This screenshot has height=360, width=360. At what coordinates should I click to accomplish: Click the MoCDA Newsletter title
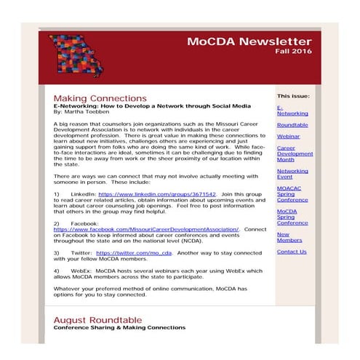pyautogui.click(x=249, y=41)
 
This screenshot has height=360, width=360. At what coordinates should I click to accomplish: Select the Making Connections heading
pyautogui.click(x=100, y=97)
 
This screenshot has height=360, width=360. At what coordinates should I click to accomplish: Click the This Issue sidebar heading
pyautogui.click(x=293, y=95)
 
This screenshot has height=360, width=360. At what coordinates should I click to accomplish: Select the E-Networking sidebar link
pyautogui.click(x=292, y=110)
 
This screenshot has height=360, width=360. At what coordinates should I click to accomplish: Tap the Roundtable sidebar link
pyautogui.click(x=292, y=124)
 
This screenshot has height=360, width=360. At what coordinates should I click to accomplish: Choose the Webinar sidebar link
pyautogui.click(x=288, y=135)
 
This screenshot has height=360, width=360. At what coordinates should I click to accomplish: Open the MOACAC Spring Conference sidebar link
pyautogui.click(x=292, y=193)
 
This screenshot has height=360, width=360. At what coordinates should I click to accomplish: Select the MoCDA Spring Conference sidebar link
pyautogui.click(x=292, y=217)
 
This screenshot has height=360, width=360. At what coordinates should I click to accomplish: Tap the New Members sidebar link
pyautogui.click(x=289, y=237)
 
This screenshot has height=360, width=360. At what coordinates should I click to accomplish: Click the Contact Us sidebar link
pyautogui.click(x=292, y=252)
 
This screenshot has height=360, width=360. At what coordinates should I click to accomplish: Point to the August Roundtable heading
pyautogui.click(x=97, y=319)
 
